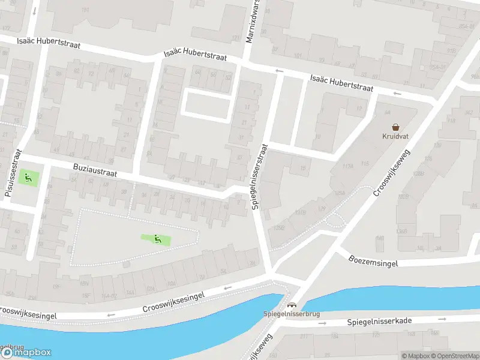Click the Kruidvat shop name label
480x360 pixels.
[x=396, y=136]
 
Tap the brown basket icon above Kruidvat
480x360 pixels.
[x=396, y=127]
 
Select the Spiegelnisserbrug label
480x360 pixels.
[x=292, y=314]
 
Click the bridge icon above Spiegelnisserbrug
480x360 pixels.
[x=292, y=305]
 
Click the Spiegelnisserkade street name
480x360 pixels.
[x=379, y=322]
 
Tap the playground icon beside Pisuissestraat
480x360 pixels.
[x=26, y=178]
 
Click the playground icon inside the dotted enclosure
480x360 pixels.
[x=157, y=239]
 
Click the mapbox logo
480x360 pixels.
[x=26, y=352]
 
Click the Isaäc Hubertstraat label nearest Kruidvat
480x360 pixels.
[x=341, y=83]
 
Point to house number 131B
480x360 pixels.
[x=300, y=212]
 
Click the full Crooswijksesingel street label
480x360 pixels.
[x=174, y=301]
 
